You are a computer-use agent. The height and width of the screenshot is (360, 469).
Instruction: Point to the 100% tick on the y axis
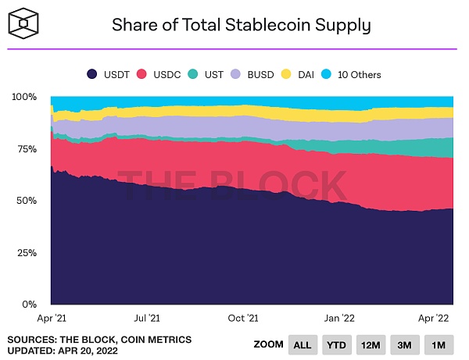point(23,97)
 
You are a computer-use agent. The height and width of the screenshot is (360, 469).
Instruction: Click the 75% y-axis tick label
point(25,149)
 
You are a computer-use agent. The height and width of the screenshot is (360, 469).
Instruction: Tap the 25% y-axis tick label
point(25,253)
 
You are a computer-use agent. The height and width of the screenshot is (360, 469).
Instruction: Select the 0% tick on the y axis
point(28,305)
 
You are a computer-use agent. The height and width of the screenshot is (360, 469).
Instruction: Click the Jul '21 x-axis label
point(148,319)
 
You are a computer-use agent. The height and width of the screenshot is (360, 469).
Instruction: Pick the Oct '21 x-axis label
point(243,319)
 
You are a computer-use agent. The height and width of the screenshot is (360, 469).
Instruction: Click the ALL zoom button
point(303,344)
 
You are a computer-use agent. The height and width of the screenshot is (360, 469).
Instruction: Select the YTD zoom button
point(336,344)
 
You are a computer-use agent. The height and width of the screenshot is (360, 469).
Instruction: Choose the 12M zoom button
point(371,344)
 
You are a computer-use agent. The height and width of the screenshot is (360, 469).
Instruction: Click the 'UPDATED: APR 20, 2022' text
point(64,350)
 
